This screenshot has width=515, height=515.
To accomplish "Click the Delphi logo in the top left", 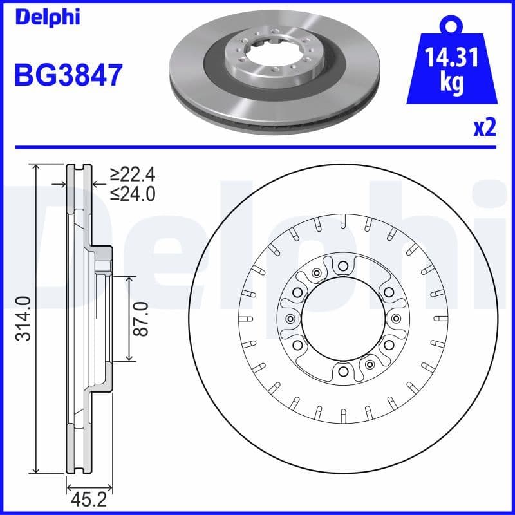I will [x=46, y=17].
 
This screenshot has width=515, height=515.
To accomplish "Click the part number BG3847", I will [x=68, y=75].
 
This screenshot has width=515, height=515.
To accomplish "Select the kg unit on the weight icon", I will [x=453, y=84].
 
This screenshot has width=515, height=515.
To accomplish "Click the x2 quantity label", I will [x=484, y=128].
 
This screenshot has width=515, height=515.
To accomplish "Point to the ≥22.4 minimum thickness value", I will [x=133, y=174].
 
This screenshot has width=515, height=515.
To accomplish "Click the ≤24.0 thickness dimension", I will [x=133, y=193].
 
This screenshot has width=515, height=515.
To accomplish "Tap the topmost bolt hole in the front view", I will [x=342, y=265].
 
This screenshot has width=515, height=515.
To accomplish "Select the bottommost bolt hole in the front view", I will [x=342, y=371].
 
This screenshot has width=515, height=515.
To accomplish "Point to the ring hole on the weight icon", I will [x=453, y=26].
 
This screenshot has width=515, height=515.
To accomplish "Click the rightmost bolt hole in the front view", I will [x=395, y=318].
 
